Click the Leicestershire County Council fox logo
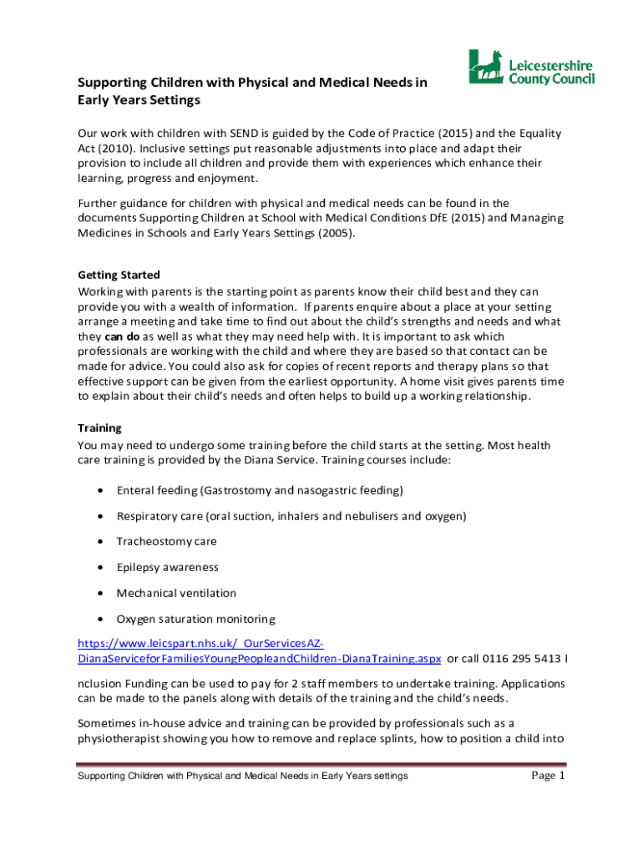click(484, 67)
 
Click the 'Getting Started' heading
click(119, 275)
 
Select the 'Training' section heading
click(99, 427)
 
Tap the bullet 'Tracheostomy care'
click(166, 542)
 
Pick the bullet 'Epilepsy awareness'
click(167, 568)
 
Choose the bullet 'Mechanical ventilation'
click(176, 594)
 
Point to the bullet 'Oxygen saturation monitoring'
click(195, 620)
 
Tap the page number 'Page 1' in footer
click(549, 776)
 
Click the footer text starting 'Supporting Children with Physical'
click(242, 777)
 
